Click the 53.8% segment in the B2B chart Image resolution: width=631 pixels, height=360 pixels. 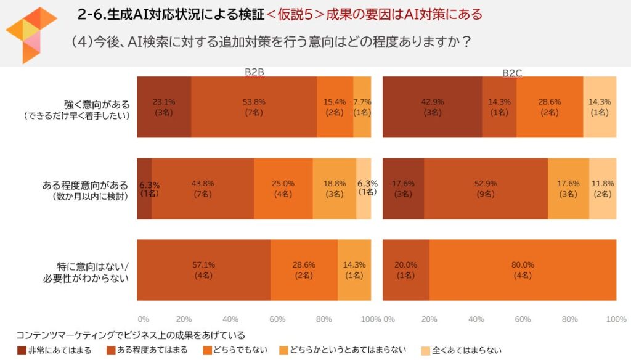pos(254,107)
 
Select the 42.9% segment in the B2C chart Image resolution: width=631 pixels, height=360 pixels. pos(432,107)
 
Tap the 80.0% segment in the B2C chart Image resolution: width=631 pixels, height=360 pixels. pos(523,270)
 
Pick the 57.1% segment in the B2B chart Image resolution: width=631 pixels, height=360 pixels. pos(203,270)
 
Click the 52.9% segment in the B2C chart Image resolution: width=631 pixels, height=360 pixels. pos(486,189)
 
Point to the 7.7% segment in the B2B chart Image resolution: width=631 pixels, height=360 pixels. pos(362,107)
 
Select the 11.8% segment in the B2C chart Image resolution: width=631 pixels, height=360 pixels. pos(603,189)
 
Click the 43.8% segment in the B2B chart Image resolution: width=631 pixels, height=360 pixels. pos(203,189)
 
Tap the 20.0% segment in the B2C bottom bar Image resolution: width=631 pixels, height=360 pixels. pos(406,270)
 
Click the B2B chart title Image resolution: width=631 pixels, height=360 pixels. pos(254,72)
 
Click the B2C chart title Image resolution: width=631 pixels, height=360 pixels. pos(511,73)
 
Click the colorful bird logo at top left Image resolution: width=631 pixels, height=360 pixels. pos(31,34)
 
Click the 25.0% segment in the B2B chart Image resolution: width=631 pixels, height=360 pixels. pos(283,189)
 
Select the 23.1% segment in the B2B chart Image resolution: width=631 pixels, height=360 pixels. pos(164,107)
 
